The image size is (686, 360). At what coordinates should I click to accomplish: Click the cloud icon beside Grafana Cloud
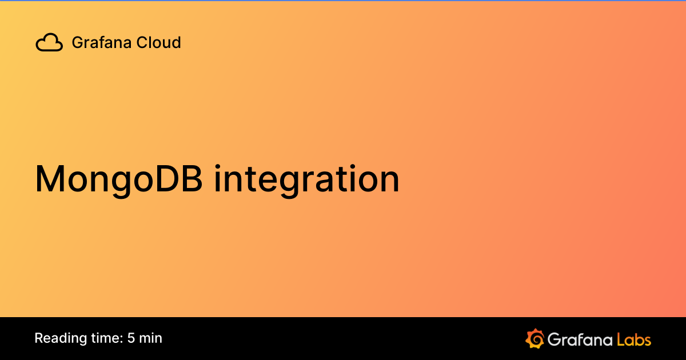coord(49,43)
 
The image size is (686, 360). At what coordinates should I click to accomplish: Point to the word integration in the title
coord(306,179)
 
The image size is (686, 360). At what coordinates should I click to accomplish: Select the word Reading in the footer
coord(58,338)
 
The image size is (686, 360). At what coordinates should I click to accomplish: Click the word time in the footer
coord(103,338)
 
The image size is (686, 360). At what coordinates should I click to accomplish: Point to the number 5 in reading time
coord(131,338)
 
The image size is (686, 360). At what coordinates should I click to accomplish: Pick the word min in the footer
coord(151,338)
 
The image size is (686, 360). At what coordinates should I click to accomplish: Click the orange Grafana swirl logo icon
coord(535,338)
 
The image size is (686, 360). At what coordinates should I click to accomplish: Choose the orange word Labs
coord(633,339)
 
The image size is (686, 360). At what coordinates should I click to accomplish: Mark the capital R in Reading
coord(38,338)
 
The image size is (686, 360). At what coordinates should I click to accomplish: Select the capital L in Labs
coord(621,339)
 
